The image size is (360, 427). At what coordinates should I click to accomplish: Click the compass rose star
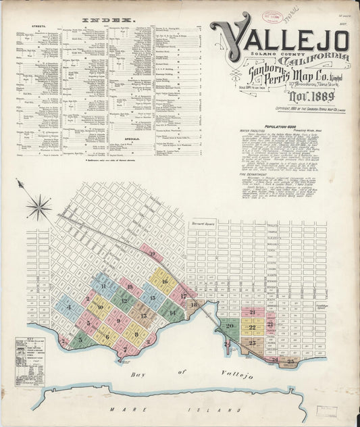[39, 206]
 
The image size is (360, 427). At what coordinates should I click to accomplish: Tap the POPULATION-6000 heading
[284, 127]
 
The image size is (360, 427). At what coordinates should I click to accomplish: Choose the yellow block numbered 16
[164, 280]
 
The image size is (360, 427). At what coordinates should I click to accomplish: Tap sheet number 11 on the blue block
[103, 286]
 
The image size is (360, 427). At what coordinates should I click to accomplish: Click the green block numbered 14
[172, 312]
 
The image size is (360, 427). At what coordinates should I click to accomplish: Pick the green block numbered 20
[230, 326]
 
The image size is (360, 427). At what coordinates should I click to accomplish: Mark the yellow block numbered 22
[252, 328]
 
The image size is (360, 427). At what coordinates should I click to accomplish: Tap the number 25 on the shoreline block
[290, 361]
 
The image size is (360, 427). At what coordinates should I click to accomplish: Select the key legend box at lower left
[30, 361]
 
